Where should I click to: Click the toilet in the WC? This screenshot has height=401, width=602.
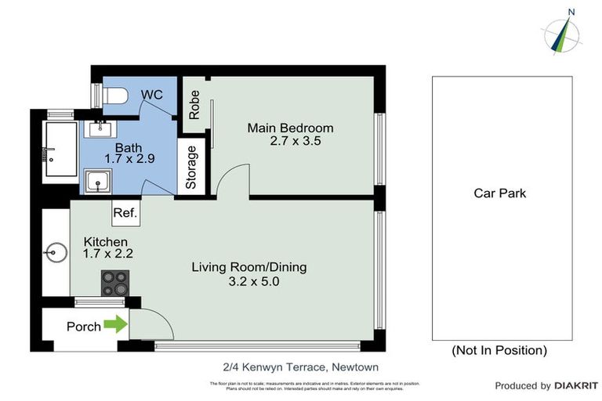(x=116, y=96)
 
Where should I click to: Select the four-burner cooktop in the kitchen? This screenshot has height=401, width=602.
(x=114, y=282)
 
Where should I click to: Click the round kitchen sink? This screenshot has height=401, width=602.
(x=55, y=252)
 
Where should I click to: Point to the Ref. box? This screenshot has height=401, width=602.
(x=125, y=212)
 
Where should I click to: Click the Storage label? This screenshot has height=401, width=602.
(x=190, y=167)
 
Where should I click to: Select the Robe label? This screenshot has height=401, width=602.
(x=194, y=103)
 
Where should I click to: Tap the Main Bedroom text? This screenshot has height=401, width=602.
(x=290, y=128)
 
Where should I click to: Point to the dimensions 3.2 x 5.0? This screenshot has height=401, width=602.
(x=249, y=281)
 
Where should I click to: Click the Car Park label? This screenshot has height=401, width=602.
(x=499, y=193)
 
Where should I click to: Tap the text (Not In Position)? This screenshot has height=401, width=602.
(x=499, y=350)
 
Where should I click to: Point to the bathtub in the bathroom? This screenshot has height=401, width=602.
(x=59, y=150)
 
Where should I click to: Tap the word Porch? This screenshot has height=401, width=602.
(x=84, y=327)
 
